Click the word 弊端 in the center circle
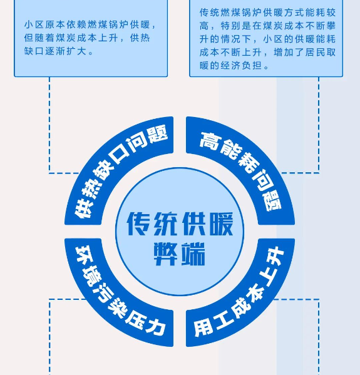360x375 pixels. click(x=180, y=254)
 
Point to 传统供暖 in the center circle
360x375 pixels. click(x=180, y=224)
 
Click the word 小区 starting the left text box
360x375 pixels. click(x=34, y=25)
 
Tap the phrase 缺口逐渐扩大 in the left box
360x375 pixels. click(x=56, y=51)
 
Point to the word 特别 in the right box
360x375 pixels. click(x=230, y=26)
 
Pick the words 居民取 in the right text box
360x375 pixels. click(x=321, y=52)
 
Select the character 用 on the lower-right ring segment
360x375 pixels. click(x=203, y=328)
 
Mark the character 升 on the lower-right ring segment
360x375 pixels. click(x=275, y=256)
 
